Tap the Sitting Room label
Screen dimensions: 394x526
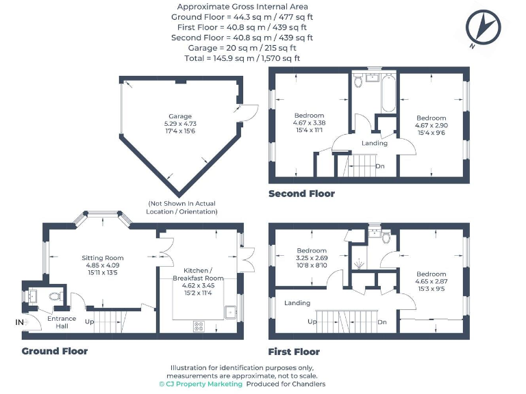coord(103,258)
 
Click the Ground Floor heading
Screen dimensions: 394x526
coord(55,351)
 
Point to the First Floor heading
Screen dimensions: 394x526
coord(295,352)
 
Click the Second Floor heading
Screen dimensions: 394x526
coord(302,194)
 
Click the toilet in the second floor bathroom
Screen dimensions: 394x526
coord(358,81)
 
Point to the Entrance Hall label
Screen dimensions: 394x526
coord(62,322)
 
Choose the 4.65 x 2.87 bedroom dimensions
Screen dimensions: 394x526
coord(431,281)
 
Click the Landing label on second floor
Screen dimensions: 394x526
coord(374,143)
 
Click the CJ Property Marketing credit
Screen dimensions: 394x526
coord(201,384)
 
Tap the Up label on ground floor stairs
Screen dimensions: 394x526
coord(88,321)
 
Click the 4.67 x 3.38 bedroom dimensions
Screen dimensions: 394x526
coord(310,123)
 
